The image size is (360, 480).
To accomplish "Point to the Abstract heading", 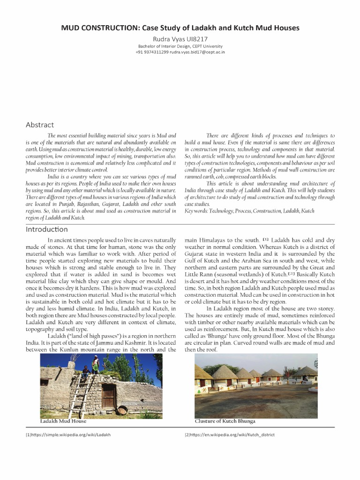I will tap(40, 125).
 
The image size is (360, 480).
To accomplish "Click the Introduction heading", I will tap(47, 229).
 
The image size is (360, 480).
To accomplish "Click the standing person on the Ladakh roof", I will tap(96, 364).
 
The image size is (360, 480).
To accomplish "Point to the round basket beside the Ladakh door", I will tap(122, 410).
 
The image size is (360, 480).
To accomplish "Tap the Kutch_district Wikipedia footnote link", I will tap(229, 435).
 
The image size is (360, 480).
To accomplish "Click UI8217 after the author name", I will tap(198, 39).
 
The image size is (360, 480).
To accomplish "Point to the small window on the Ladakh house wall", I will tap(45, 382).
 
